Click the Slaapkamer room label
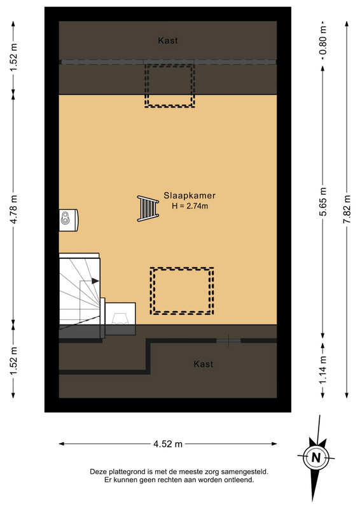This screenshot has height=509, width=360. (x=190, y=195)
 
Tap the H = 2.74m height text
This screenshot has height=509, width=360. (x=190, y=206)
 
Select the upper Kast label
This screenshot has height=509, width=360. (x=168, y=41)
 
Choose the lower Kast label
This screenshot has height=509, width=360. (x=204, y=364)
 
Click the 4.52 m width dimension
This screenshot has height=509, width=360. (x=168, y=443)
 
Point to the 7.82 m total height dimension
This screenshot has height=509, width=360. (x=347, y=209)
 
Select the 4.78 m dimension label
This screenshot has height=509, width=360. (x=13, y=209)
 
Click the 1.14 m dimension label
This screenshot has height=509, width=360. (x=323, y=370)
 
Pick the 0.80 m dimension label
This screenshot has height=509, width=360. (x=323, y=42)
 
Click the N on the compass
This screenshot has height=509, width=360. (x=316, y=457)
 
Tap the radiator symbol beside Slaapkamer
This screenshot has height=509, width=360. (x=148, y=209)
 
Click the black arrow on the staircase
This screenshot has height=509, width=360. (x=95, y=281)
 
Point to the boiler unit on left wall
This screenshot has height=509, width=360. (x=69, y=220)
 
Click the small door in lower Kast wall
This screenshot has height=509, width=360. (x=228, y=340)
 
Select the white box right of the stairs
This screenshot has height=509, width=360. (x=120, y=314)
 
